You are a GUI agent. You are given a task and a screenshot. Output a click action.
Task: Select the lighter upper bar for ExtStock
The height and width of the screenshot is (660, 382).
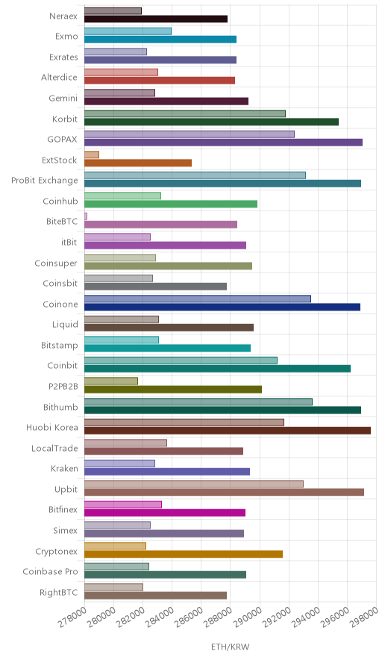coord(92,155)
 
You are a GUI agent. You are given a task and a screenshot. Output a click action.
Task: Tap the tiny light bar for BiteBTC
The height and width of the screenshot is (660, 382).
coord(86,217)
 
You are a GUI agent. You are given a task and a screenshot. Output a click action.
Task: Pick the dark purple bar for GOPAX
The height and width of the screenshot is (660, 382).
coord(223,143)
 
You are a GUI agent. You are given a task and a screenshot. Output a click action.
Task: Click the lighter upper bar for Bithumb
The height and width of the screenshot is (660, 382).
coord(198,402)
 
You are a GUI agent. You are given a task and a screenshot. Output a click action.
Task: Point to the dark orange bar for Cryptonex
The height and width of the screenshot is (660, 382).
coord(184,554)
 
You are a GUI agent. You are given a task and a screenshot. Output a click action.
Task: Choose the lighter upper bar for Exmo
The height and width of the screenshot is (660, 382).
coord(128,31)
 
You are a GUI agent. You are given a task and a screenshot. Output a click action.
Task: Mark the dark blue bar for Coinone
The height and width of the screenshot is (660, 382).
coord(222,307)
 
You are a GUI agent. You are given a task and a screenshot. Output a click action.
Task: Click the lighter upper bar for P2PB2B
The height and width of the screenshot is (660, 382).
coord(111,381)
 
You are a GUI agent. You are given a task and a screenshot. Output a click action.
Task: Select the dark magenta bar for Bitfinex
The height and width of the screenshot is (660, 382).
coord(165,513)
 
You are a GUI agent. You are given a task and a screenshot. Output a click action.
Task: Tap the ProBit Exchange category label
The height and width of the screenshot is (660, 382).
coord(45,181)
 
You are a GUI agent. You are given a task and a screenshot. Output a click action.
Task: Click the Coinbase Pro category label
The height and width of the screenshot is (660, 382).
coord(51,572)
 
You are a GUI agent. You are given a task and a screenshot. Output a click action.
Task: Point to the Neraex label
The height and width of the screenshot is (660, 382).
coord(63,16)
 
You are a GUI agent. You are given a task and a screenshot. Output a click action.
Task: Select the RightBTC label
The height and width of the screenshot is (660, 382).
coord(59,593)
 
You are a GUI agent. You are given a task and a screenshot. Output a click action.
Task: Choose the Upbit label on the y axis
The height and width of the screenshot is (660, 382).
coord(66,490)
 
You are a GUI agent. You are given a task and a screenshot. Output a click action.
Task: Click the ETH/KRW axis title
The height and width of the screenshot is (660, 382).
coord(230,647)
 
